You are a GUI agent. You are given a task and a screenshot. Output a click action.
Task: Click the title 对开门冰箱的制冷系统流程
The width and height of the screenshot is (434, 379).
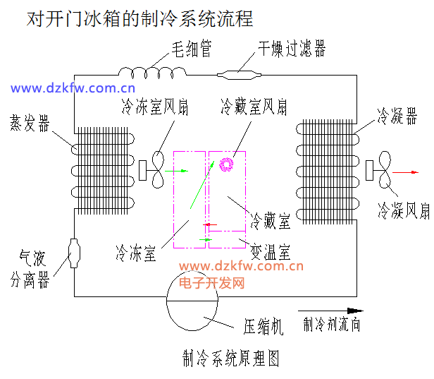(139, 18)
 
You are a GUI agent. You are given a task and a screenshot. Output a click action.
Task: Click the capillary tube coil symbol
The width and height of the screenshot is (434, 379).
(150, 72)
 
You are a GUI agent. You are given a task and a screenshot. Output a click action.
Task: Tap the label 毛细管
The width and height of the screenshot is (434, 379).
(192, 49)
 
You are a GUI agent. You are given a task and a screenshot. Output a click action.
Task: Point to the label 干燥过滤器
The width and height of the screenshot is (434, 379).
(291, 49)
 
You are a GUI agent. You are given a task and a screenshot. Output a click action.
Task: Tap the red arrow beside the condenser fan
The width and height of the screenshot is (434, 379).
(407, 172)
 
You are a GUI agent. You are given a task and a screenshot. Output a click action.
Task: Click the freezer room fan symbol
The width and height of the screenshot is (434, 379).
(154, 170)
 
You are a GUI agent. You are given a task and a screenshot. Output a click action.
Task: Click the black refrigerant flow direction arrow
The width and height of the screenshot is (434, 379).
(332, 310)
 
